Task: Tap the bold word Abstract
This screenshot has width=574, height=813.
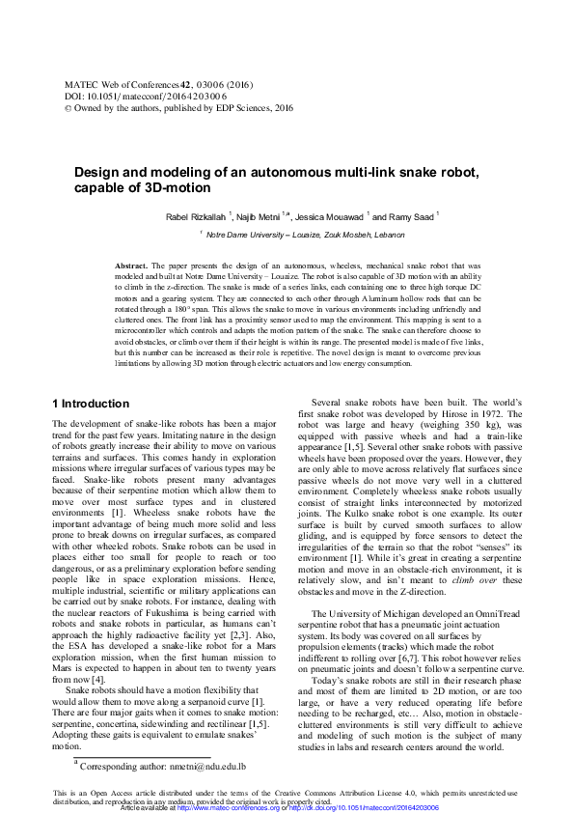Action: click(130, 265)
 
